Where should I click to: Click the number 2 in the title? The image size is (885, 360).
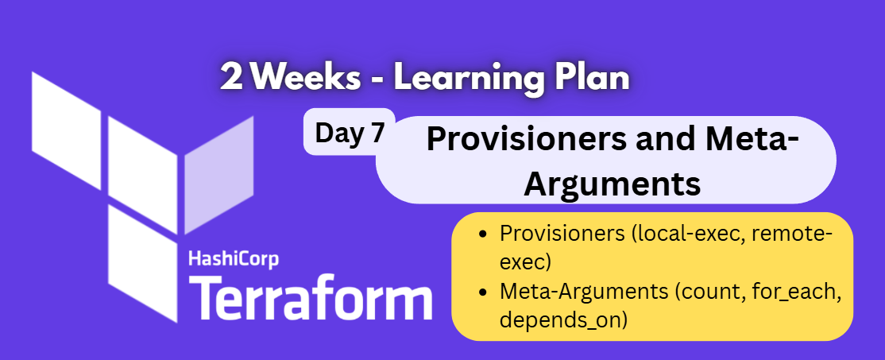tap(233, 79)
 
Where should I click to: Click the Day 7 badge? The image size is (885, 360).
tap(350, 132)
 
